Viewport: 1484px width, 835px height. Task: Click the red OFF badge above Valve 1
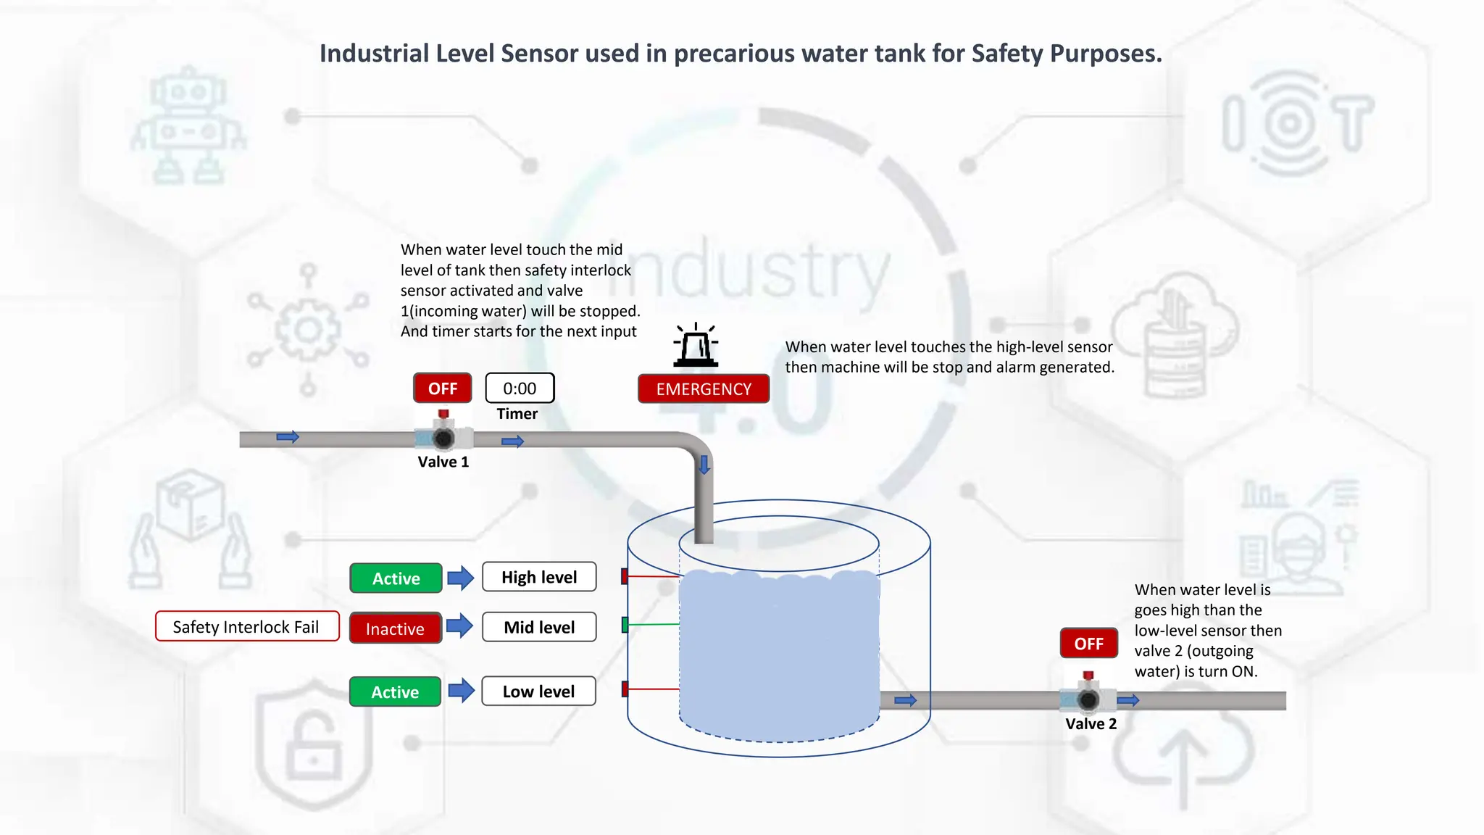point(442,389)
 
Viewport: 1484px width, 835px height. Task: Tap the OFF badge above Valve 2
point(1088,644)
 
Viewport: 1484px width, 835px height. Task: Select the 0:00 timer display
point(520,389)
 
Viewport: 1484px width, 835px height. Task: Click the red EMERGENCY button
point(704,389)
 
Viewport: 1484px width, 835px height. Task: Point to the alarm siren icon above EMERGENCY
point(696,346)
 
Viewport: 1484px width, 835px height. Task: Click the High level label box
point(539,578)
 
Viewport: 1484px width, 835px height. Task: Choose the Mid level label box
point(539,628)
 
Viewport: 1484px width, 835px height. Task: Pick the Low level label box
point(538,692)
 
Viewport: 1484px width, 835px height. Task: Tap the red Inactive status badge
point(395,629)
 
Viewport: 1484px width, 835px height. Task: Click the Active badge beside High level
point(396,578)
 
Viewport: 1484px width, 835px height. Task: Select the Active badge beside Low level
point(395,692)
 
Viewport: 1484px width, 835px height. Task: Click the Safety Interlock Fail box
point(246,627)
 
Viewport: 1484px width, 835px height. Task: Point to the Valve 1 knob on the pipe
point(443,437)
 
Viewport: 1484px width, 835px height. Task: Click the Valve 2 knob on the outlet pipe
point(1088,699)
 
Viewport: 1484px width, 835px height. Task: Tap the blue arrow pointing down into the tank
point(704,465)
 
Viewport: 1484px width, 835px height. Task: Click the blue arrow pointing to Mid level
point(460,626)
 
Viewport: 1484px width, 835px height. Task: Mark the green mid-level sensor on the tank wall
point(625,625)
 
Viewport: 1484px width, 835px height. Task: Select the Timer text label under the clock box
point(517,414)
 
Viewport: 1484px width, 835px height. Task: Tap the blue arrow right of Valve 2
point(1128,700)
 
